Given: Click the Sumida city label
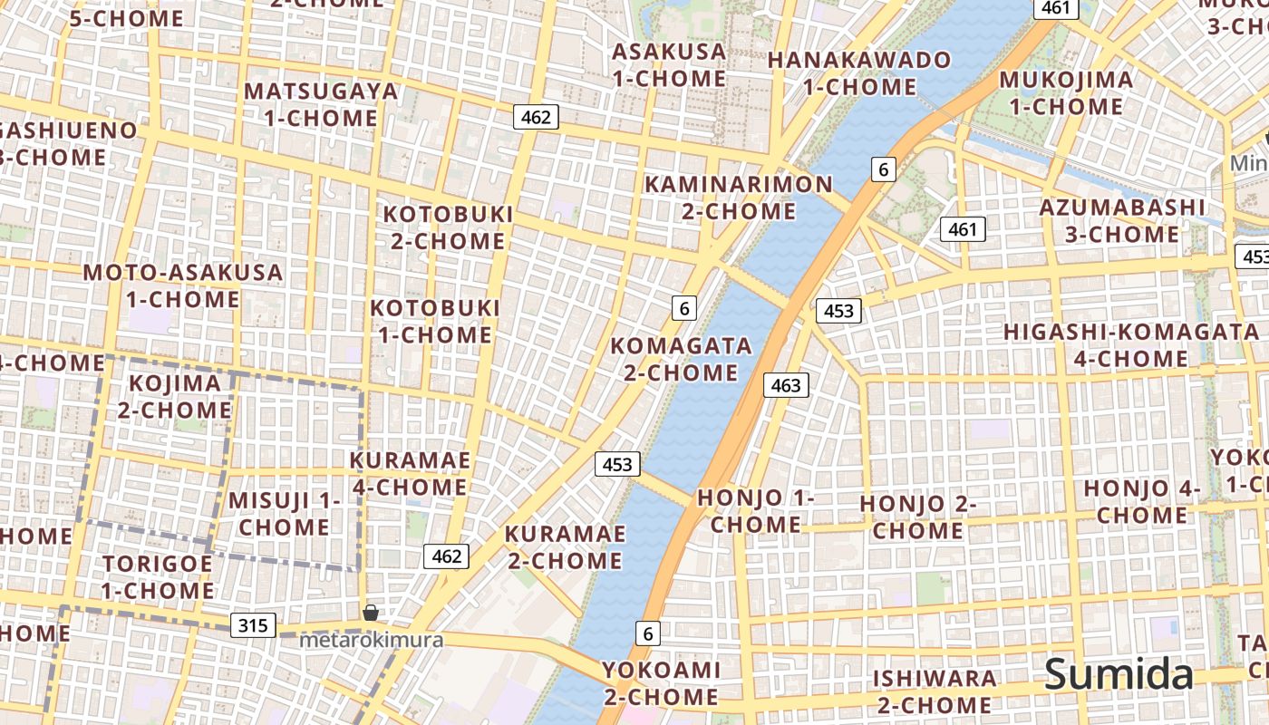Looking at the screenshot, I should click(1119, 675).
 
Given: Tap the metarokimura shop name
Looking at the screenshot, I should click(372, 640).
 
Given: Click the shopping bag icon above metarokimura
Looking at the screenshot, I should click(370, 614).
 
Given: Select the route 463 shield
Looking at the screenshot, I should click(785, 385).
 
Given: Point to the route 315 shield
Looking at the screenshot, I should click(253, 625).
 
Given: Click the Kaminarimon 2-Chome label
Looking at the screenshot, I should click(738, 198).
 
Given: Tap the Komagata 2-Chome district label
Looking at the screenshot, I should click(681, 359).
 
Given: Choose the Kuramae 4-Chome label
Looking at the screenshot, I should click(410, 474).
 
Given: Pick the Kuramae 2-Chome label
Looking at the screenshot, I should click(565, 546).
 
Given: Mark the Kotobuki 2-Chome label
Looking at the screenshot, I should click(448, 227).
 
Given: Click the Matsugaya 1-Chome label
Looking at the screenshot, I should click(321, 104).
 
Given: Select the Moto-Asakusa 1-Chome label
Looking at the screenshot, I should click(183, 285).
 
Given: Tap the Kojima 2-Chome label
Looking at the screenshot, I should click(175, 396).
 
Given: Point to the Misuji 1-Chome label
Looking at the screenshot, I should click(284, 513).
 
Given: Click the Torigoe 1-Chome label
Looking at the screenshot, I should click(157, 577).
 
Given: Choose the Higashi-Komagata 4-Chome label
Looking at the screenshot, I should click(1130, 344).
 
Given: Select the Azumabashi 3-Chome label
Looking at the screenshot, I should click(1122, 220).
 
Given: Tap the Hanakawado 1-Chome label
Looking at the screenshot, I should click(859, 73).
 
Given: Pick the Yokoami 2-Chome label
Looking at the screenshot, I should click(661, 683).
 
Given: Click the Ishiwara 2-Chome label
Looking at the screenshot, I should click(934, 691).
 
